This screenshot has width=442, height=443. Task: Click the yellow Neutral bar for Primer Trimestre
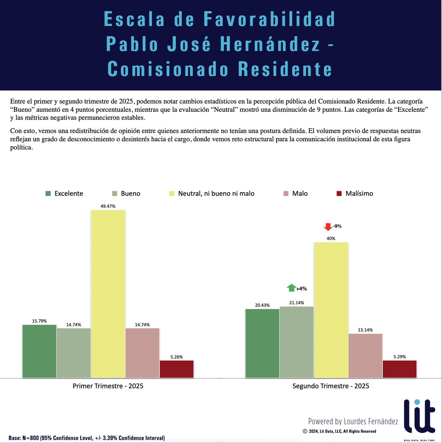pos(108,293)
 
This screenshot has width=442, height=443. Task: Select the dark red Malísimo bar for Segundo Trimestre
pos(400,369)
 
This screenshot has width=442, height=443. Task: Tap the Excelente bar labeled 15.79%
pos(39,351)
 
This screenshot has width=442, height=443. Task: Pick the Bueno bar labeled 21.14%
pos(297,342)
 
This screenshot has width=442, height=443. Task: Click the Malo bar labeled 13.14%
pos(365,356)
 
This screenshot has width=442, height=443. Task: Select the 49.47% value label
pos(108,206)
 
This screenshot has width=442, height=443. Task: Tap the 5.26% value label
pos(177,357)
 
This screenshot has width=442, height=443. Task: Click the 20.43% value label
pos(262,305)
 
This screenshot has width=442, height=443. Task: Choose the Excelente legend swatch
pos(48,193)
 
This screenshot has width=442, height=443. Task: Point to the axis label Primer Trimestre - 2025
pos(108,386)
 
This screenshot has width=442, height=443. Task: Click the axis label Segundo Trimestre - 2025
pos(331,386)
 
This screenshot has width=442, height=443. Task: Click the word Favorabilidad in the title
pos(269,19)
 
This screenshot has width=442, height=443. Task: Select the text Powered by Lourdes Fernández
pos(353,421)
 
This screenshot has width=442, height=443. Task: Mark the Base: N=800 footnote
pos(87,438)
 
